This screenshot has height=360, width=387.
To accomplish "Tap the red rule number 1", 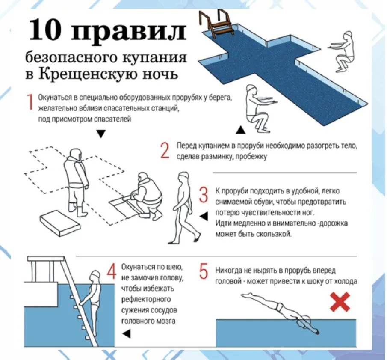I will click(30, 104).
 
